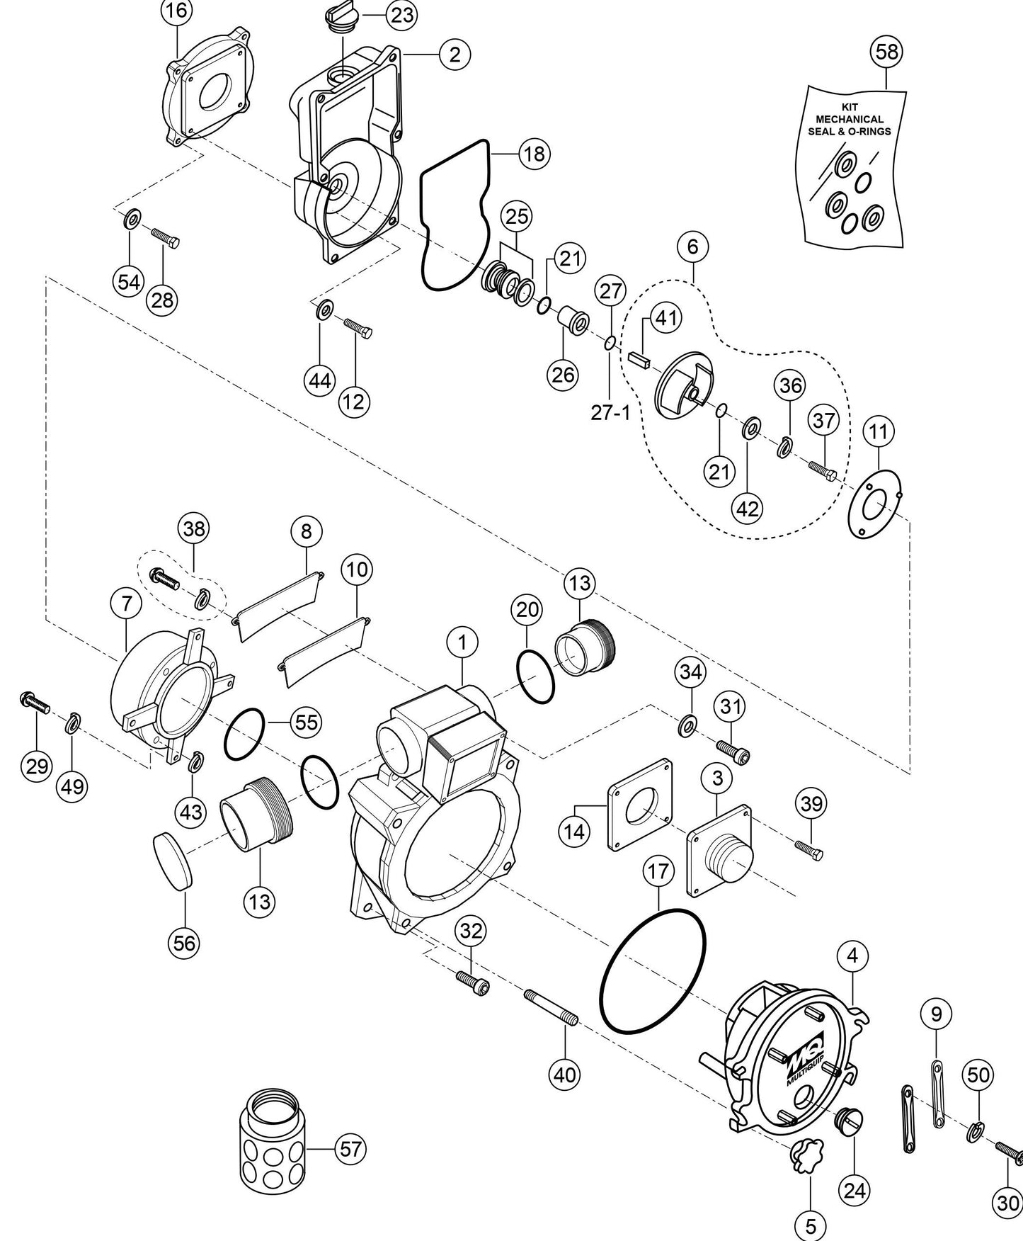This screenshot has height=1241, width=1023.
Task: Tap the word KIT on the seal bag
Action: (850, 108)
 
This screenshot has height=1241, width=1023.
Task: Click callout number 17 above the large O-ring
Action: (658, 871)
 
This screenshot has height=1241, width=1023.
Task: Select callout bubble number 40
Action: (564, 1074)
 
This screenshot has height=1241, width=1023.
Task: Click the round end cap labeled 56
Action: (173, 861)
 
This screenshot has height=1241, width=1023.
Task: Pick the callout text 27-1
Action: (610, 412)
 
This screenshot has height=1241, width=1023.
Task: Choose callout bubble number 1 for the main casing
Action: (462, 643)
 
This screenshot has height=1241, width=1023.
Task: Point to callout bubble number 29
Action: (37, 766)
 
